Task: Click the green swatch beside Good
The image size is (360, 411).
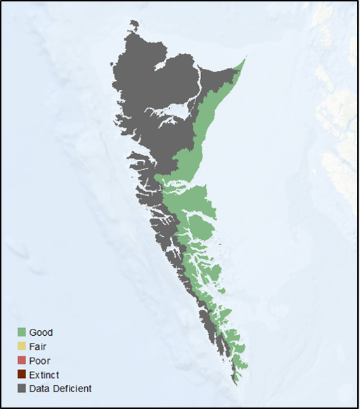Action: (x=22, y=332)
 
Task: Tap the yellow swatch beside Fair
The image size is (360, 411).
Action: (x=22, y=346)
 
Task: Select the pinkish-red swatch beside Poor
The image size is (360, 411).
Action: (x=22, y=360)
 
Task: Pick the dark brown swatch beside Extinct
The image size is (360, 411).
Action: (x=22, y=374)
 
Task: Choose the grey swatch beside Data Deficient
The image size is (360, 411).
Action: (x=22, y=389)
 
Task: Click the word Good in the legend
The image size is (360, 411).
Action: (x=41, y=332)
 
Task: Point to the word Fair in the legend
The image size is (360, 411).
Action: (x=38, y=346)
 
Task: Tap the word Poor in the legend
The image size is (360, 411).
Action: (x=39, y=360)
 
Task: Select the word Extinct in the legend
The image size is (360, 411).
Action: (x=44, y=374)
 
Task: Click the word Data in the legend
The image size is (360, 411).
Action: (x=39, y=389)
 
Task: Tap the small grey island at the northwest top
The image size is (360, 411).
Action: (x=134, y=26)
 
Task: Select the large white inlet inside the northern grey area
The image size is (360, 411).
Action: (x=176, y=110)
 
